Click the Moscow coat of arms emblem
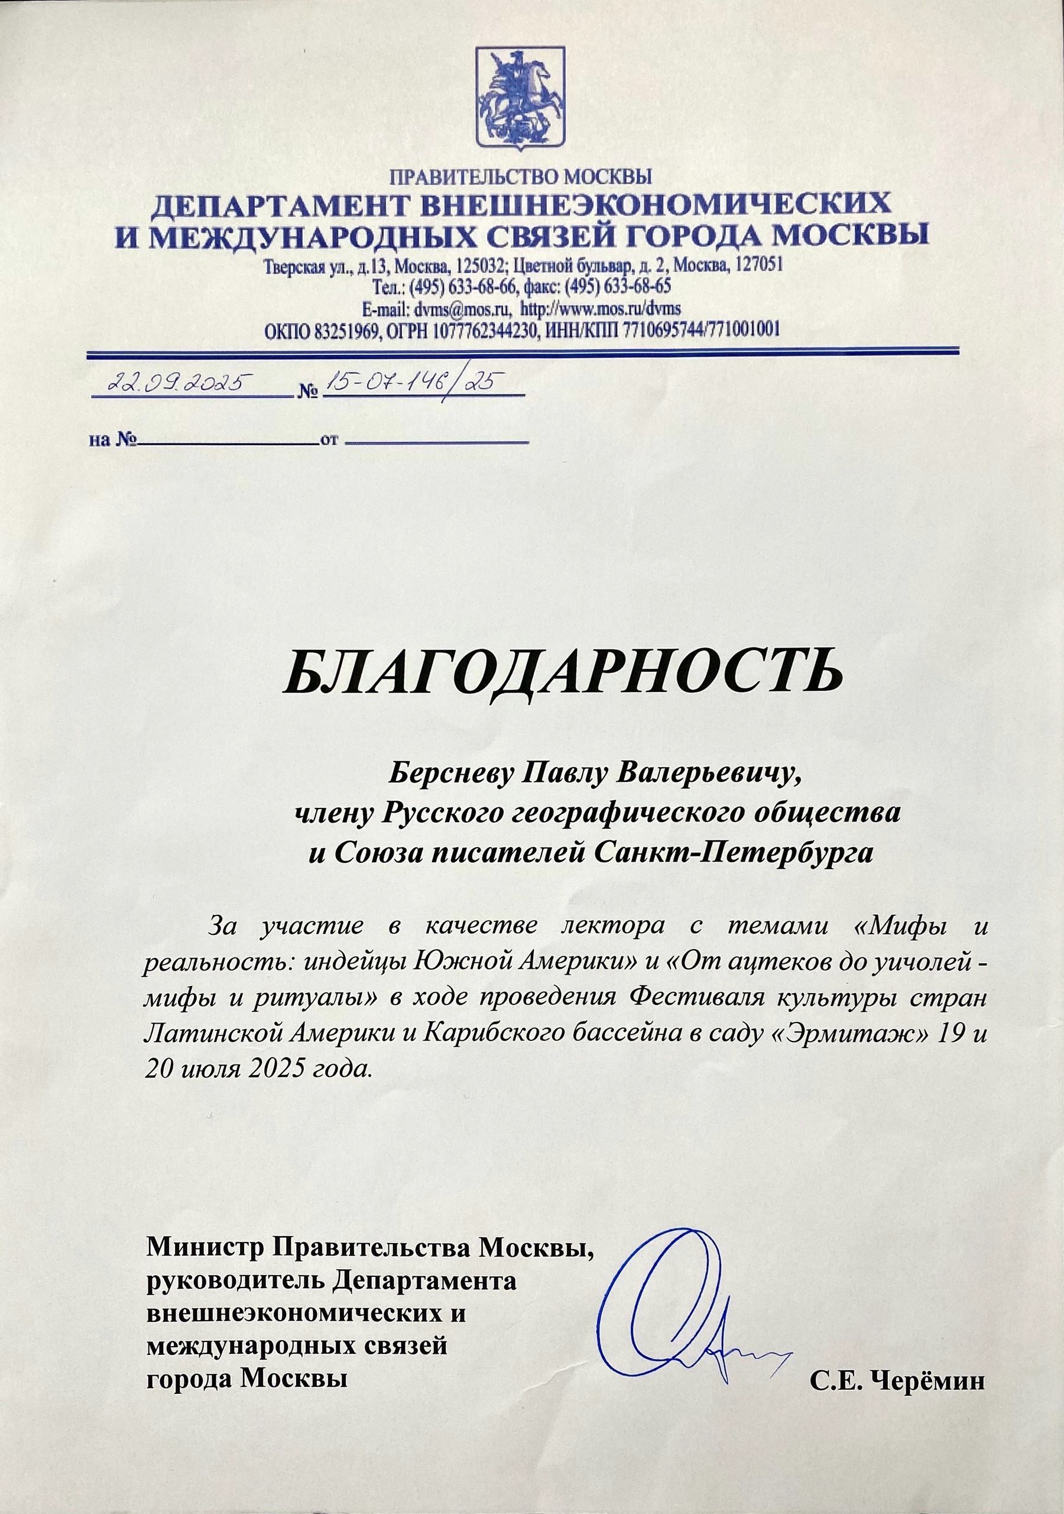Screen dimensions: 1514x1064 (520, 97)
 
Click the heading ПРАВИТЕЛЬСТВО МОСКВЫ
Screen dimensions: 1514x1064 (520, 176)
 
